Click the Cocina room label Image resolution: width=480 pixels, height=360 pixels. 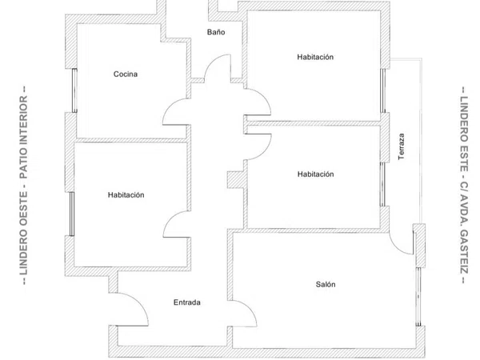pos(126,74)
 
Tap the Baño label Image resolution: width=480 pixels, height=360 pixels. pos(216,32)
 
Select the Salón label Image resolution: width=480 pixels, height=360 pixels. pos(326,284)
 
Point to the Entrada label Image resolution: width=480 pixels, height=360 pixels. pos(187,302)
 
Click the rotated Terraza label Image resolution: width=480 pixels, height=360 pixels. pos(402,146)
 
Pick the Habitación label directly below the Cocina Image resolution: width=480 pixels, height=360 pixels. pos(126,195)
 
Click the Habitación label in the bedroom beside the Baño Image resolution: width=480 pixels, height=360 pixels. pos(315,57)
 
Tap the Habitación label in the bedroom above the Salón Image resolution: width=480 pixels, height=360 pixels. pos(316,174)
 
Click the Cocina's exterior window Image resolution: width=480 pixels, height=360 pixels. pos(74,90)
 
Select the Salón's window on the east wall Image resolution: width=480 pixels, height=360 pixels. pos(418,297)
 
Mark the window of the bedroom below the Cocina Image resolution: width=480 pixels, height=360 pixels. pos(72,214)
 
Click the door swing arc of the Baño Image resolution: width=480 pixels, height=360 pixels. pos(218,66)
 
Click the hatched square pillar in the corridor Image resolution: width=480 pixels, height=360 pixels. pos(236,179)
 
